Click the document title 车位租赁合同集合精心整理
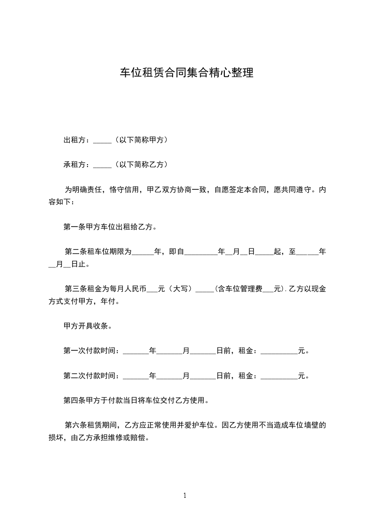187,73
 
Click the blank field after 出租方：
102,140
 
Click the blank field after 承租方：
102,165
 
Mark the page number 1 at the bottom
185,495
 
